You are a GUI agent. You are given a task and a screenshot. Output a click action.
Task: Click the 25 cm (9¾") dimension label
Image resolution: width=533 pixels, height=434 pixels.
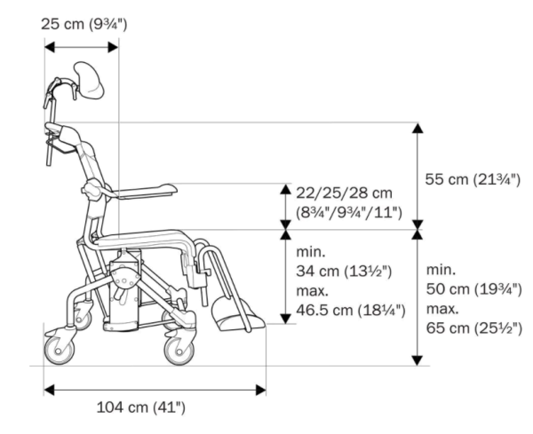(x=85, y=22)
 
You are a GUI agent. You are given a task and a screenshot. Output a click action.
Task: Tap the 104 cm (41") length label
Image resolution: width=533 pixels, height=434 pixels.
(x=140, y=407)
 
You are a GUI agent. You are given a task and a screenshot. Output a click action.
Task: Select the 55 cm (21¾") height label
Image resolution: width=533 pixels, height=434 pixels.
(x=472, y=179)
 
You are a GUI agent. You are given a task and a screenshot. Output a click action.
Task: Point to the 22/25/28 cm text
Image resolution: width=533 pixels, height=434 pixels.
(x=344, y=193)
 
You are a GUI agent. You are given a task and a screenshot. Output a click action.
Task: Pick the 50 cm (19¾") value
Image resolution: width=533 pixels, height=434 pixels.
(x=472, y=288)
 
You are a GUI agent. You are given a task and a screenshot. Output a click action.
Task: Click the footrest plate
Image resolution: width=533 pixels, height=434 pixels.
(x=235, y=312)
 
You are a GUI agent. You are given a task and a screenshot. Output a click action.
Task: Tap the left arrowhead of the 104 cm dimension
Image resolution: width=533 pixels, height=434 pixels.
(x=49, y=390)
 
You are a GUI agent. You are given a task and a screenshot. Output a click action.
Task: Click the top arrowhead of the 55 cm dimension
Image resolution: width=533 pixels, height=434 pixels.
(x=418, y=127)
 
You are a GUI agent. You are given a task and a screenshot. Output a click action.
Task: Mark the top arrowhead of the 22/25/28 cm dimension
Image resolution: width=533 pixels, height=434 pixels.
(x=285, y=189)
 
